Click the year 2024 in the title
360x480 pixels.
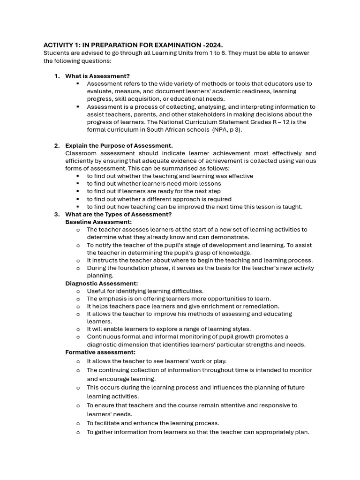click(213, 45)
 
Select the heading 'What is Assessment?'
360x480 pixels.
click(97, 76)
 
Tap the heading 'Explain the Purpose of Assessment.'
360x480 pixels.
click(119, 145)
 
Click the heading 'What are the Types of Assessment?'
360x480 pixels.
click(118, 214)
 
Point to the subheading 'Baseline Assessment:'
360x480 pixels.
click(98, 222)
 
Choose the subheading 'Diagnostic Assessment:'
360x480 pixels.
click(101, 283)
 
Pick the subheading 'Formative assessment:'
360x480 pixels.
click(100, 352)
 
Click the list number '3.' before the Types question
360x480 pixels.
click(57, 214)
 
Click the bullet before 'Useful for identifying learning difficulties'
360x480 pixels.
click(78, 291)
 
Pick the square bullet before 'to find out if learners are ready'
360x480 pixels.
click(78, 191)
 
